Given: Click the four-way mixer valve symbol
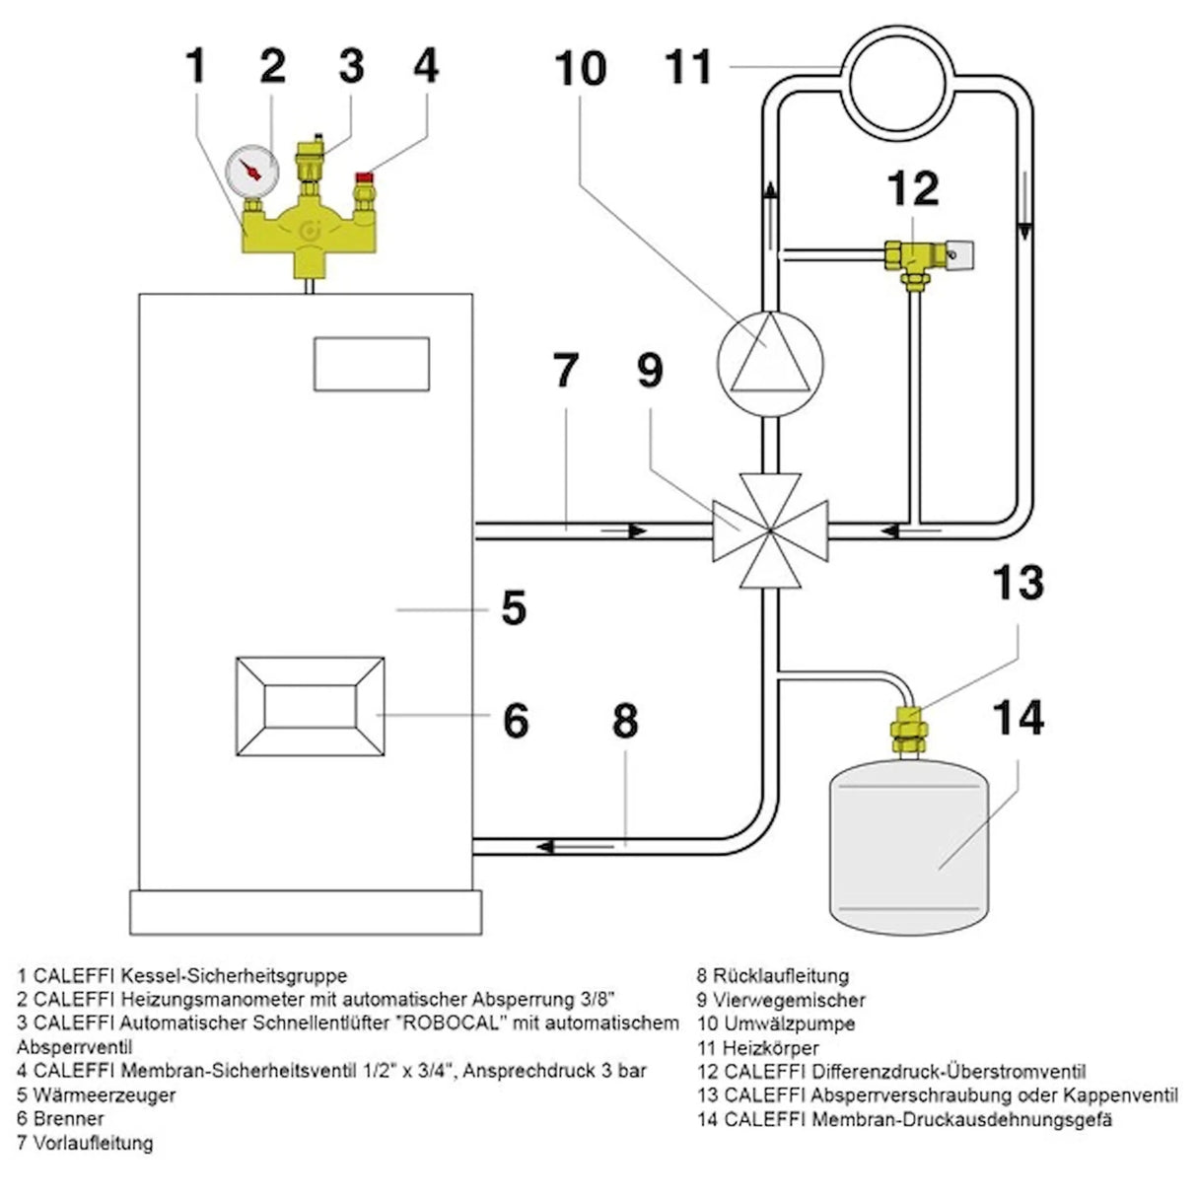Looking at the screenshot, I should [x=768, y=530].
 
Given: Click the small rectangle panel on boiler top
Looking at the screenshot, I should [x=373, y=365].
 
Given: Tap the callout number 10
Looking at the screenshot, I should [x=581, y=69].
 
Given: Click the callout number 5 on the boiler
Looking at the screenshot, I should [x=514, y=609].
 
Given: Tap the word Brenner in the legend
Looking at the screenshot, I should [x=68, y=1118].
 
